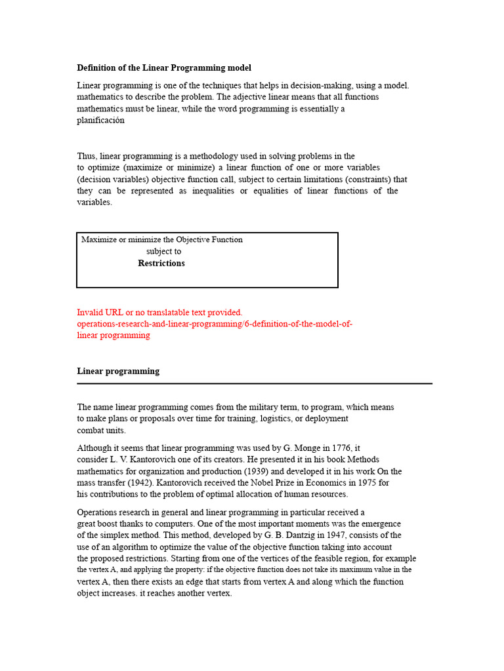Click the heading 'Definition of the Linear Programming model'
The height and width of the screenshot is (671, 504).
(x=164, y=67)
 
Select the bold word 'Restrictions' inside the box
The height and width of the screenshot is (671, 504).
(x=161, y=263)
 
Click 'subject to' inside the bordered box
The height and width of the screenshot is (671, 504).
(x=164, y=251)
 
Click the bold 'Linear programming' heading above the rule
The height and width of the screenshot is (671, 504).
(x=118, y=371)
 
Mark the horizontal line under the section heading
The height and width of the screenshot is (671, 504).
(x=255, y=383)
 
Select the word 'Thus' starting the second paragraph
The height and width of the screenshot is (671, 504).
(x=86, y=156)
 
